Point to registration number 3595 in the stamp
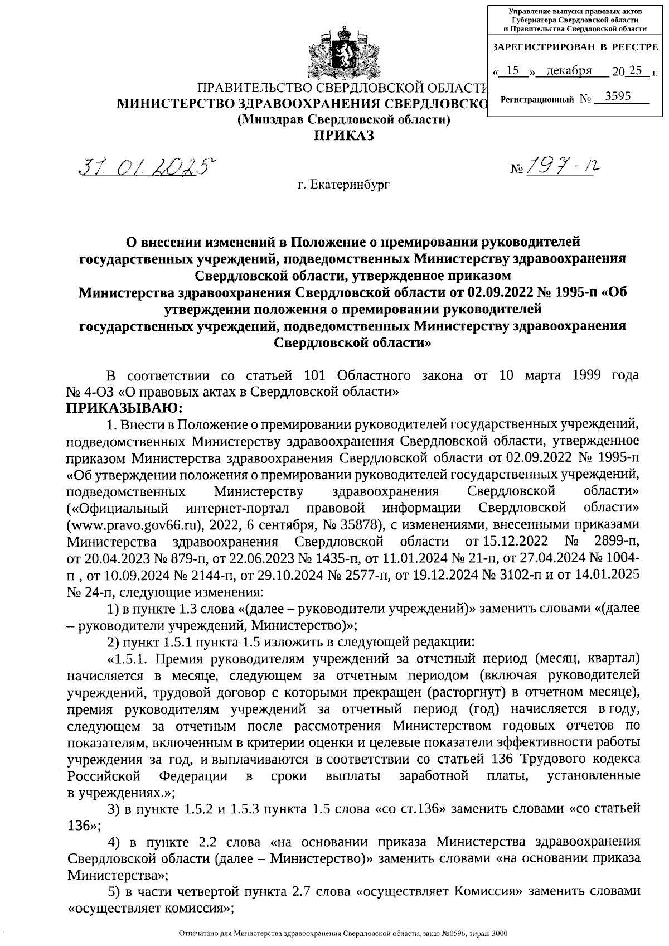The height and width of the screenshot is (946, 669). pos(618,96)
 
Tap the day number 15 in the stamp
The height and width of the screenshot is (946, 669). pos(514,71)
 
